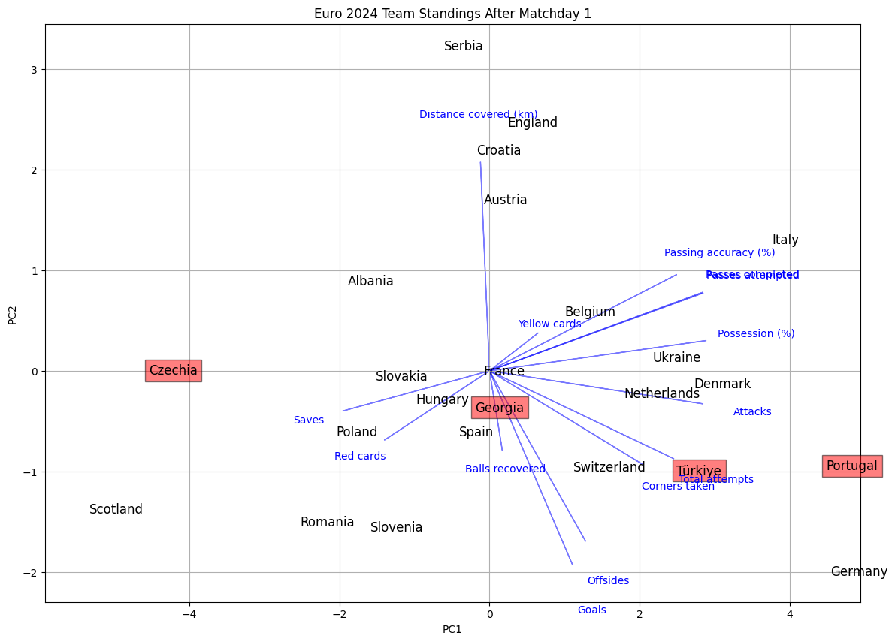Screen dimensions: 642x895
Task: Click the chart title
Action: (x=452, y=14)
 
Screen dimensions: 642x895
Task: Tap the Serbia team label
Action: (x=463, y=46)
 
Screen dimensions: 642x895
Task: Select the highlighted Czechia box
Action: (x=173, y=370)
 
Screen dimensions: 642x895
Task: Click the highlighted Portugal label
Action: (x=851, y=466)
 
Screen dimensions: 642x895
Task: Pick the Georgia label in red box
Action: (x=499, y=408)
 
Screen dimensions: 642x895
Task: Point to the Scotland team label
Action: (x=116, y=509)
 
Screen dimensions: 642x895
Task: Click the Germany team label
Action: (x=858, y=571)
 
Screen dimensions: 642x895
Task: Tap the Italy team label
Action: (x=785, y=240)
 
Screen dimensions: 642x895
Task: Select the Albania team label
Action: (x=370, y=281)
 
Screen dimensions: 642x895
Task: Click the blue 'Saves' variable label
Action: (x=309, y=420)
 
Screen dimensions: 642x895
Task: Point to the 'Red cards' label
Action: (x=360, y=456)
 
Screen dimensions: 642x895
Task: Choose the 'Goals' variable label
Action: (x=591, y=610)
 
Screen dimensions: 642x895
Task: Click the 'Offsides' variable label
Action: (x=608, y=580)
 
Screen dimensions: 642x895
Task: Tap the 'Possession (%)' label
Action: (x=755, y=333)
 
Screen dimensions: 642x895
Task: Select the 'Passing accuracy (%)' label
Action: (x=719, y=252)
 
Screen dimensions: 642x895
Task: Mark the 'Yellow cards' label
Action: (x=549, y=324)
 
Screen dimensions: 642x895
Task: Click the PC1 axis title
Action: (x=452, y=629)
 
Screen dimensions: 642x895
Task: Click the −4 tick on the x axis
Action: (x=189, y=614)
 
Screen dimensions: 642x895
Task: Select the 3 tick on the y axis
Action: (x=34, y=70)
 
